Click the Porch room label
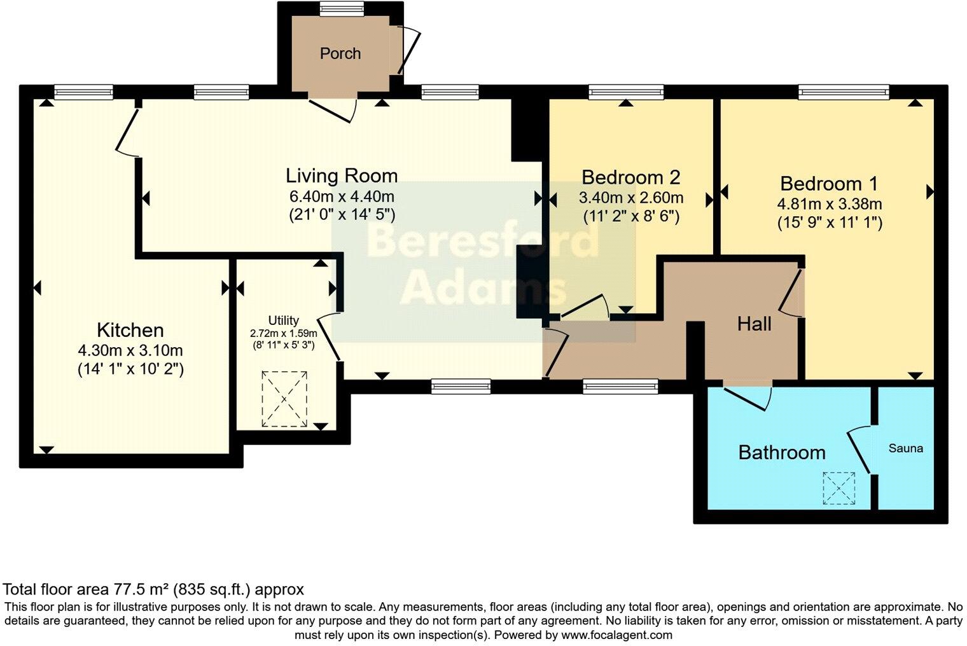[340, 53]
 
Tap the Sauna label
[905, 448]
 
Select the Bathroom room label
[781, 453]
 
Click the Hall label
[754, 324]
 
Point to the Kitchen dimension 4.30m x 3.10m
[130, 350]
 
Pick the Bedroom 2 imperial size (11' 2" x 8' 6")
[631, 216]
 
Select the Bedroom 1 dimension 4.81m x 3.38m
[829, 204]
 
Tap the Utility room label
[284, 320]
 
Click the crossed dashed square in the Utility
[284, 399]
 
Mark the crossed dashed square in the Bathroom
[838, 488]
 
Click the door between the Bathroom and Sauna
[859, 450]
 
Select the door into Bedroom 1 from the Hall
[791, 293]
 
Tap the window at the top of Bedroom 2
[626, 92]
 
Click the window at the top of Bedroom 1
[844, 92]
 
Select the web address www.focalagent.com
[616, 635]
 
